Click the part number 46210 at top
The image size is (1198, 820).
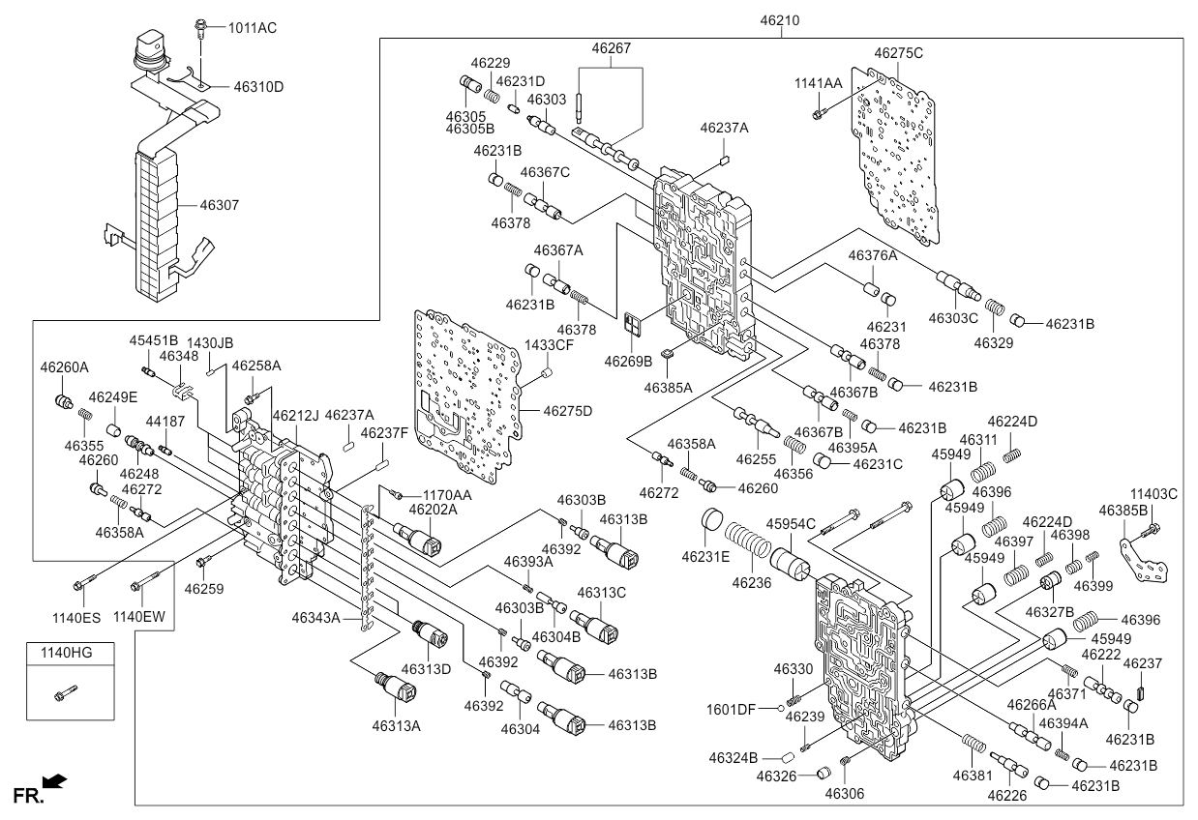[780, 20]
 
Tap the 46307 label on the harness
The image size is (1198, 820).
[219, 205]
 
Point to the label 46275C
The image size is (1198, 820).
[898, 53]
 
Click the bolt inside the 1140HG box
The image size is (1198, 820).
[65, 692]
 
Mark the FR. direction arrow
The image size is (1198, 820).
[56, 780]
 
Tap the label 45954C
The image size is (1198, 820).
[791, 523]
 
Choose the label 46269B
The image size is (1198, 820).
[629, 361]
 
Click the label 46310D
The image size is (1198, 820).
[258, 86]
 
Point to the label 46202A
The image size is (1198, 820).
[433, 509]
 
